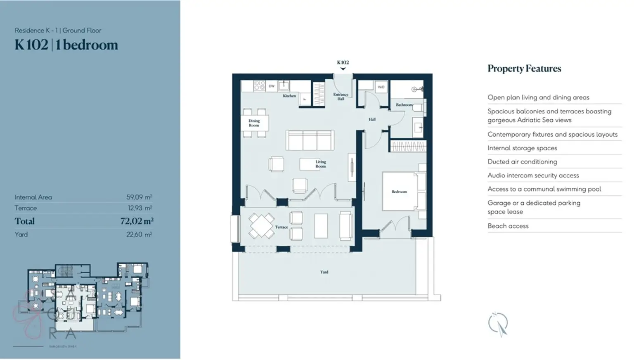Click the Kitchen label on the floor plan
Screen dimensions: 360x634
[289, 96]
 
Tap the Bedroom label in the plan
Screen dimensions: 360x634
[399, 192]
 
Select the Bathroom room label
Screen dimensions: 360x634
[404, 105]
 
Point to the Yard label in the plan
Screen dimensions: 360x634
[324, 272]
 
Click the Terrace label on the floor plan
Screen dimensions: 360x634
[282, 227]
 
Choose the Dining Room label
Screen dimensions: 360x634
[254, 123]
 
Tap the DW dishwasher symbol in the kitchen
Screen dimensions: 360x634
[272, 86]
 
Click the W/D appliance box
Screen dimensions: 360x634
[381, 87]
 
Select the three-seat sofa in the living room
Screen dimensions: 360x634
[310, 140]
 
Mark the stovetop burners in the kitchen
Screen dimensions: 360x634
[259, 85]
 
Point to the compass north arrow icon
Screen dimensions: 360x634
[498, 324]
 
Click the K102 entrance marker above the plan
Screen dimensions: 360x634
[343, 63]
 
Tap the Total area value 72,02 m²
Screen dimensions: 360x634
[137, 221]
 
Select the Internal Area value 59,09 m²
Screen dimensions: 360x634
[139, 197]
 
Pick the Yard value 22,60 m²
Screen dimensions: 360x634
[139, 234]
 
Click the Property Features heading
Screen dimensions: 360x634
[524, 69]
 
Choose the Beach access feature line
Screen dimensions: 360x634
[508, 226]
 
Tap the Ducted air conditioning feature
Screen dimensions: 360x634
[522, 162]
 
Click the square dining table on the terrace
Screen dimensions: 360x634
[261, 225]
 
